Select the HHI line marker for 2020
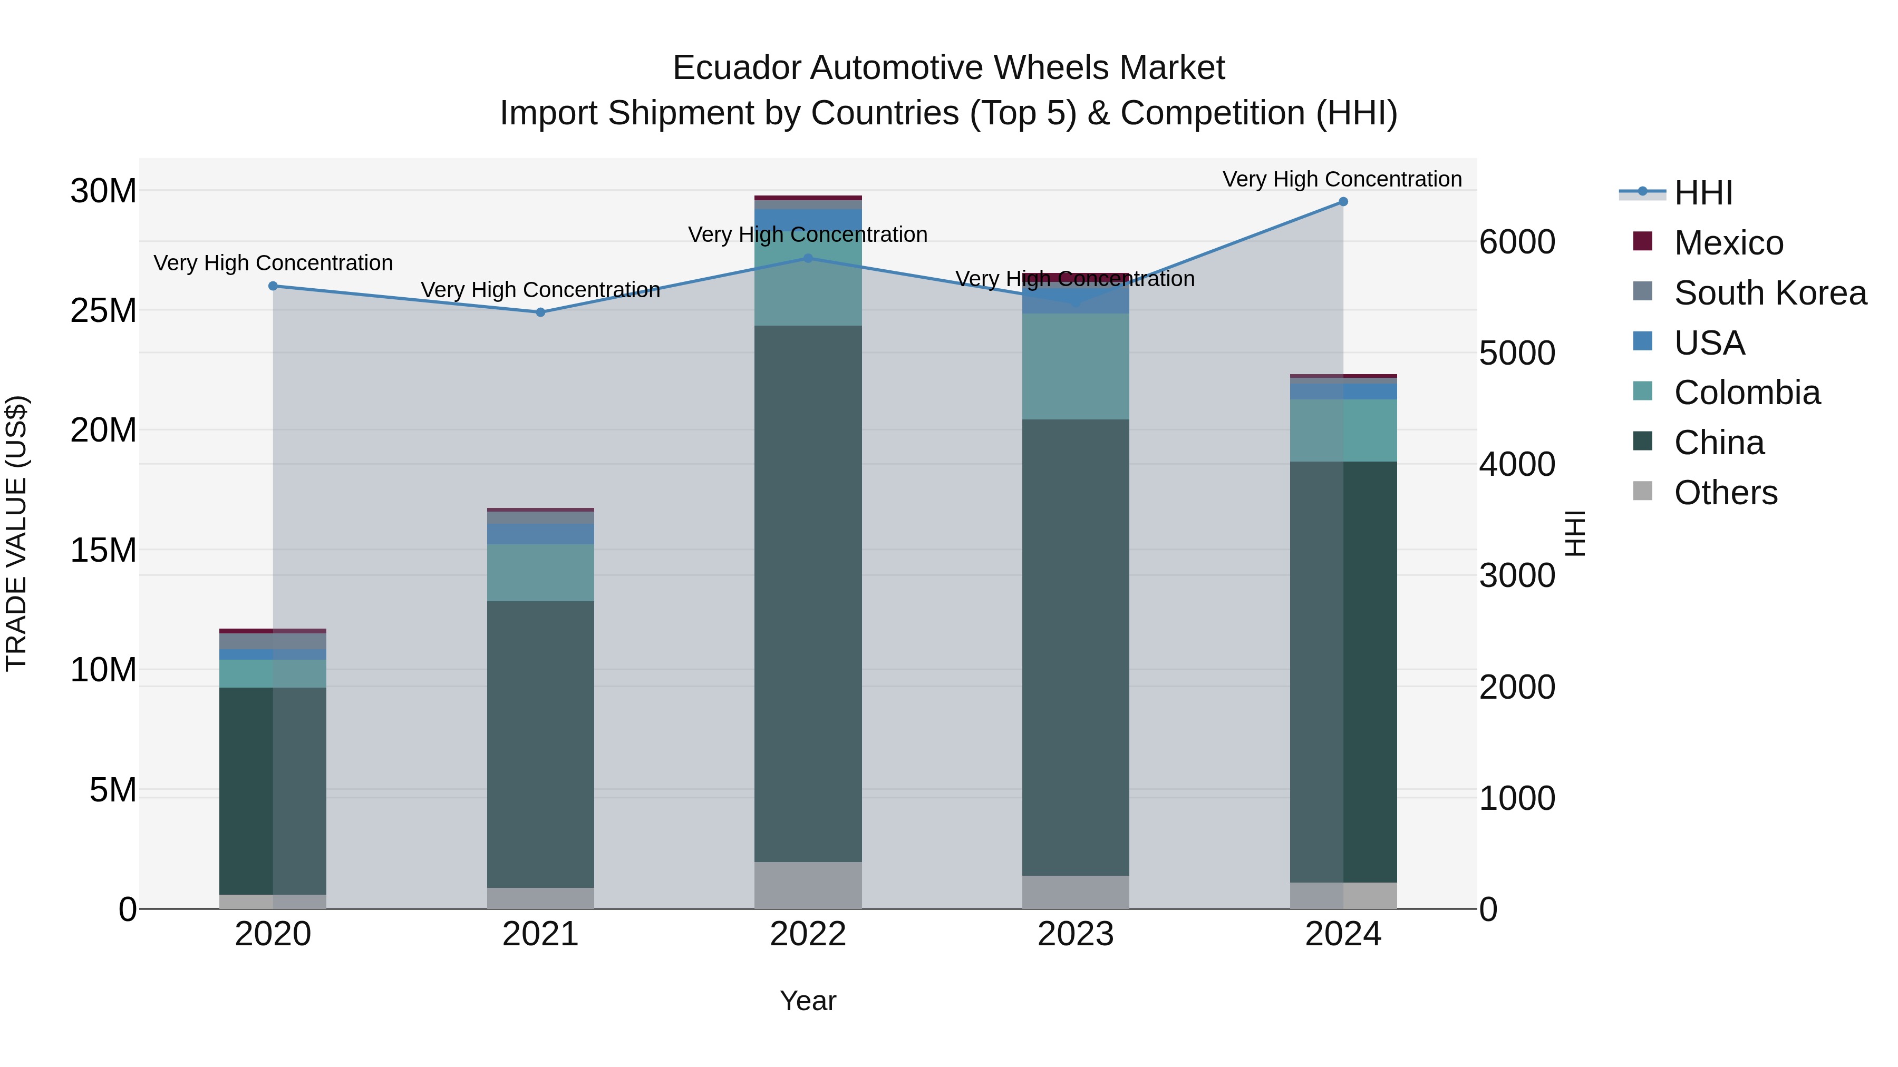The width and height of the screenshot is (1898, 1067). coord(273,286)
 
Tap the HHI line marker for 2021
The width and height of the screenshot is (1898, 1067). coord(540,312)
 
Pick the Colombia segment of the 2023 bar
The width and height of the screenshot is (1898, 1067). coord(1075,367)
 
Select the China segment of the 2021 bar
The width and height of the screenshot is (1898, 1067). coord(540,743)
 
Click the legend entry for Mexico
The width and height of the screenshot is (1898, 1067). coord(1728,243)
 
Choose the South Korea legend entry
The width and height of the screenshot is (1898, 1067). coord(1769,293)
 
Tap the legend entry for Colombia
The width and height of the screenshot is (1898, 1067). coord(1746,393)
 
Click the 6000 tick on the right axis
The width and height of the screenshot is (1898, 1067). coord(1517,242)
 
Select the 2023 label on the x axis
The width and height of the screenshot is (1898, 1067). coord(1075,934)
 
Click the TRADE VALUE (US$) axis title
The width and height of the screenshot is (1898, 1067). coord(16,533)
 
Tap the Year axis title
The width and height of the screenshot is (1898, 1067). coord(808,1001)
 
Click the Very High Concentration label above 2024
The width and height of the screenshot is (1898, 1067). coord(1342,179)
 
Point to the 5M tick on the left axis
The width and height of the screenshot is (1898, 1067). coord(113,790)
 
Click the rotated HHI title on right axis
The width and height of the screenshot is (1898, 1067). coord(1574,533)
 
